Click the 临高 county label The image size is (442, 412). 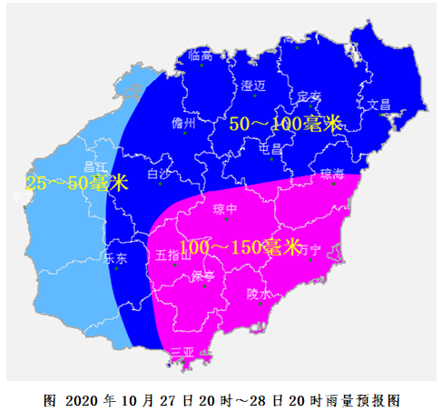[x=201, y=55]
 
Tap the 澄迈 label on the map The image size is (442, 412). [x=253, y=85]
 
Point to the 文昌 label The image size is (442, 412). [x=378, y=104]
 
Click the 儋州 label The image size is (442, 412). [x=184, y=123]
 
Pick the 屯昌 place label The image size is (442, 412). [x=270, y=148]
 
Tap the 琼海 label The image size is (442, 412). [x=333, y=173]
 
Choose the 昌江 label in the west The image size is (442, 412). [x=95, y=167]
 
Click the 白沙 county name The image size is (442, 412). [x=158, y=173]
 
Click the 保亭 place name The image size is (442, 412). [x=201, y=276]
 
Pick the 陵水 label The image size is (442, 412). [x=259, y=294]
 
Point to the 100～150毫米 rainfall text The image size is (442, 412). [x=240, y=246]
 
